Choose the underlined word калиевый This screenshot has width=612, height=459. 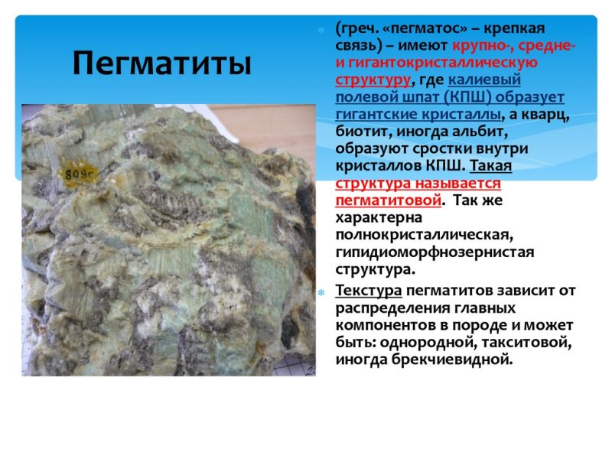[485, 80]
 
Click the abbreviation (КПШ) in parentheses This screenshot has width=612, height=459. [461, 97]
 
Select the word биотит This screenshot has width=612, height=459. [360, 131]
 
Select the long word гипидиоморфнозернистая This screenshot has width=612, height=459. [435, 251]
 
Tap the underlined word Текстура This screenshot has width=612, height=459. [369, 291]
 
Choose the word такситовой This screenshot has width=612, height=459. [527, 342]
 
